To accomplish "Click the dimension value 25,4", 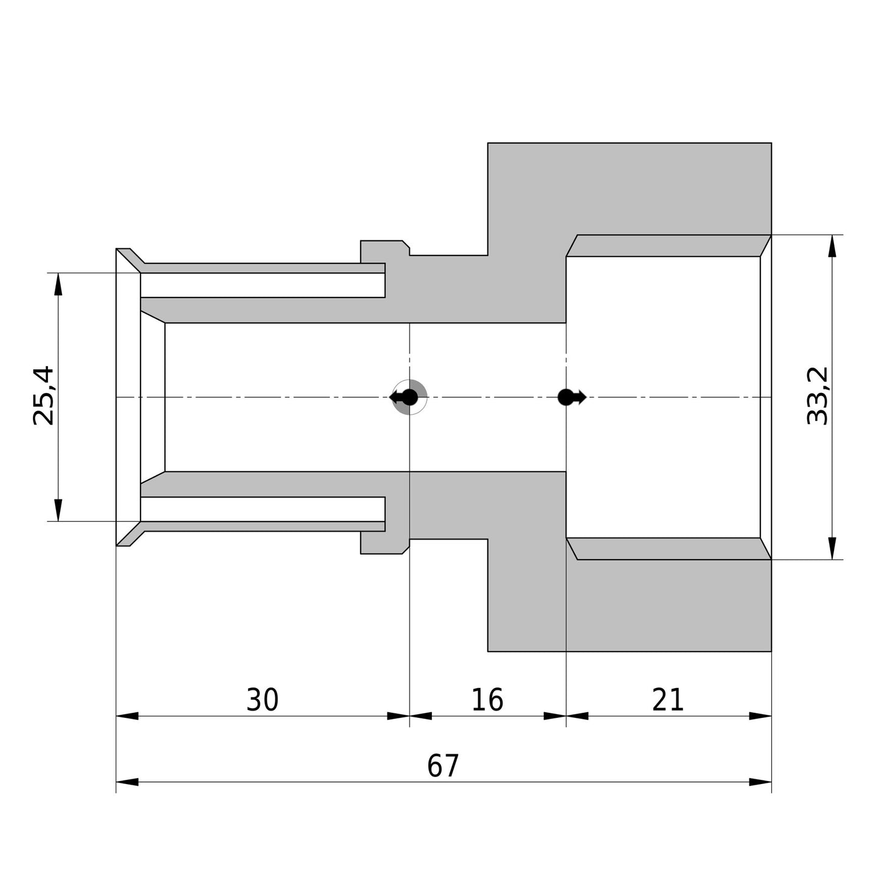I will click(44, 395).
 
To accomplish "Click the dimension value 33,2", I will click(817, 395).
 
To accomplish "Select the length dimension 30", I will click(262, 700).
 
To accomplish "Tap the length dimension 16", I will click(487, 700).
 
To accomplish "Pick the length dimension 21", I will click(668, 700).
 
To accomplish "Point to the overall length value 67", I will click(443, 766).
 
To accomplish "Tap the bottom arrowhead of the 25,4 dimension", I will click(58, 510).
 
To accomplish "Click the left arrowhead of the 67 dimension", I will click(127, 782).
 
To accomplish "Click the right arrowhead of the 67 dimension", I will click(760, 782).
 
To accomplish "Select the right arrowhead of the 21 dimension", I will click(760, 716).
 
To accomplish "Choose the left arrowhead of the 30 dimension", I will click(127, 716).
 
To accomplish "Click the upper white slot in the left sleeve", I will click(262, 285).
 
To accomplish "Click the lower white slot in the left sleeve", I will click(262, 509).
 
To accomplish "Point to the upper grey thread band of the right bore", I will click(669, 246).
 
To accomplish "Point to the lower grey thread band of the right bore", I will click(669, 549).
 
